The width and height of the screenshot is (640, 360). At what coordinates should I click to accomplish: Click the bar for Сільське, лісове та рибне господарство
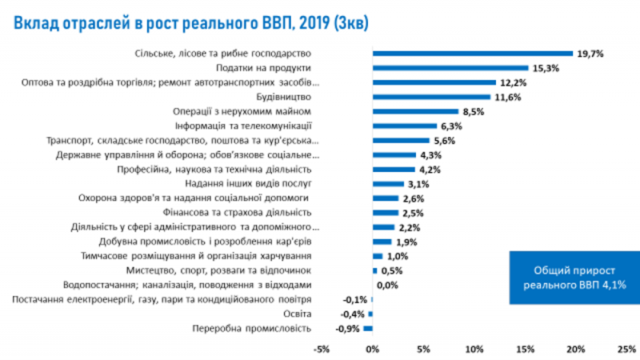473,54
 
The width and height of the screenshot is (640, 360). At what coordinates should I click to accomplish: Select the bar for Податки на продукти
450,68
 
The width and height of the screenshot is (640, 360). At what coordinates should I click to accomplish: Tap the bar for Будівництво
431,97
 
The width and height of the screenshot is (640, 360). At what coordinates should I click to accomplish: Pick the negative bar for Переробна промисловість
368,328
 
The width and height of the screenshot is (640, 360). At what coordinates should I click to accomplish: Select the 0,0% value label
387,285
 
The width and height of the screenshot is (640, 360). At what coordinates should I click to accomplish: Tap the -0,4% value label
354,314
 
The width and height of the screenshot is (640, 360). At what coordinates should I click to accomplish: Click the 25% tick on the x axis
626,349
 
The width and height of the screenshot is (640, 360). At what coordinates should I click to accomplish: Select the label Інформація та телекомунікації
242,126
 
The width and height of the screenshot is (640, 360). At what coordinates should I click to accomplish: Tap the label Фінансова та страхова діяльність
248,213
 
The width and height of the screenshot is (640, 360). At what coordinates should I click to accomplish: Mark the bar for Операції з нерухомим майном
415,111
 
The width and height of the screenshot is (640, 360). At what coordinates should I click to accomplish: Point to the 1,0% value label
398,256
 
